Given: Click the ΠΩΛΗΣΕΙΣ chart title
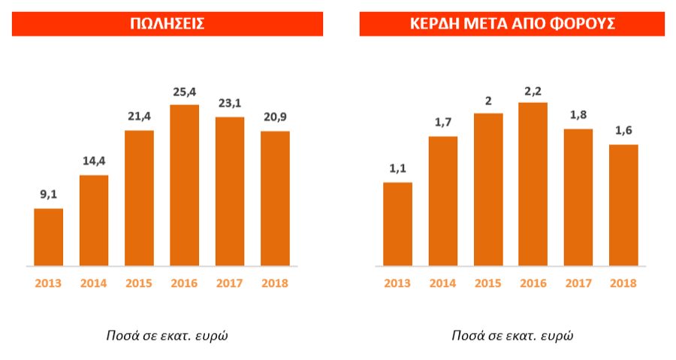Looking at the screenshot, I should [x=167, y=23].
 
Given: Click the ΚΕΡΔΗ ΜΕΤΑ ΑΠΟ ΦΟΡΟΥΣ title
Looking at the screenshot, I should [x=512, y=23].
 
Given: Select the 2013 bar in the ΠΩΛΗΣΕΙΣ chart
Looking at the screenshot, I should [x=49, y=237].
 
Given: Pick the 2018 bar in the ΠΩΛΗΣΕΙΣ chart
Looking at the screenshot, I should [x=275, y=198].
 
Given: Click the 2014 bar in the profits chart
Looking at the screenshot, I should [x=443, y=201].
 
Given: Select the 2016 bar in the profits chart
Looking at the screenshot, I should [x=533, y=184].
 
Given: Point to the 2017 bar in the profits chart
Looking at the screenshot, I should [x=578, y=197].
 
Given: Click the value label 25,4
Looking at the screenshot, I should [x=185, y=93].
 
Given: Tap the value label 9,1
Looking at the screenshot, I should [x=49, y=195].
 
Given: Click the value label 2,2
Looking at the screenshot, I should [x=533, y=90].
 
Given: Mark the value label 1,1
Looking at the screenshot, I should [x=398, y=169].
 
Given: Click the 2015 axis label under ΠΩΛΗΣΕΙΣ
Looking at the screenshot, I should [x=139, y=283].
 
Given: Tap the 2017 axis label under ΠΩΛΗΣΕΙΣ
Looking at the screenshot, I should [x=230, y=283].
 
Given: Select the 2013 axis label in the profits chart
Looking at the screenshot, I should [x=398, y=283].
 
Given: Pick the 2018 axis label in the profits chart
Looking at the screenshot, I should [x=623, y=283].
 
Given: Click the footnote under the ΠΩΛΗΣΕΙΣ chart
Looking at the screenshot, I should [x=167, y=335].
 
